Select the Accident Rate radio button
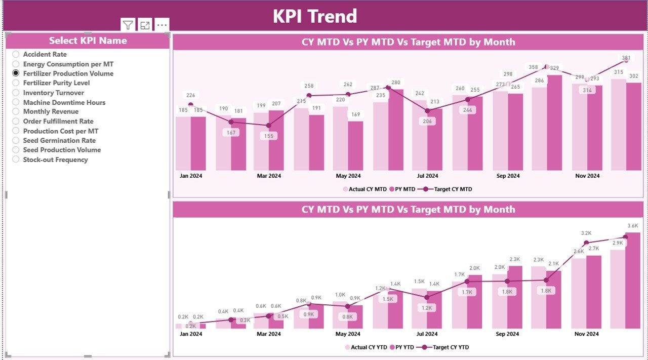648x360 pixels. [16, 54]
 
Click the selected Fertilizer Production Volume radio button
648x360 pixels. [16, 73]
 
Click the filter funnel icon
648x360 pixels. [128, 25]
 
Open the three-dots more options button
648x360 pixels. [161, 25]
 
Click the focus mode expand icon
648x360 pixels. [145, 25]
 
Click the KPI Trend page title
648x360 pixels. [315, 16]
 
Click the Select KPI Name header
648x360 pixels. [88, 41]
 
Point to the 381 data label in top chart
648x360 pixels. [626, 58]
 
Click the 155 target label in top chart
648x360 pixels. [268, 136]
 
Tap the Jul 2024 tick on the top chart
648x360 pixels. [427, 176]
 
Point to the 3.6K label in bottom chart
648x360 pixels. [632, 226]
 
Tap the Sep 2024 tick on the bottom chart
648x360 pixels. [507, 334]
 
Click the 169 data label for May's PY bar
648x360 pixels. [356, 115]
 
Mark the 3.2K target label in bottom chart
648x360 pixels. [586, 233]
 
